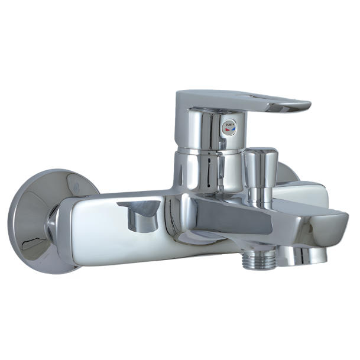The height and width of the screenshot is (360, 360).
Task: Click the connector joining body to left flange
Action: pyautogui.click(x=53, y=228)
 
